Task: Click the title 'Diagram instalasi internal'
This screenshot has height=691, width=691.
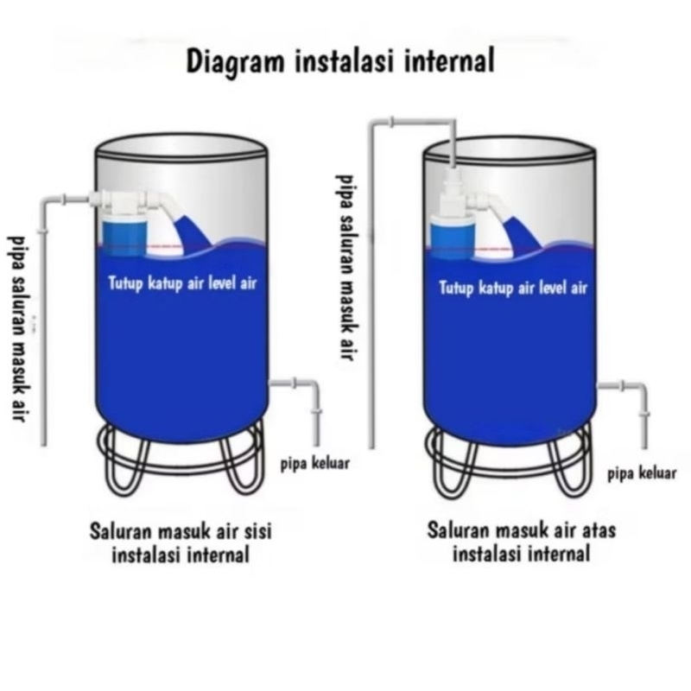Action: point(341,61)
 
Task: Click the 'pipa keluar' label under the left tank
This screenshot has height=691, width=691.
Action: point(315,463)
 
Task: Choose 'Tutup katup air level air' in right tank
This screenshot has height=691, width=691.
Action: point(513,288)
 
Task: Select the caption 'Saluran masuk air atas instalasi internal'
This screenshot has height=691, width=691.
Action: point(521,542)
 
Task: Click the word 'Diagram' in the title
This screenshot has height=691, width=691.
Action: point(226,61)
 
